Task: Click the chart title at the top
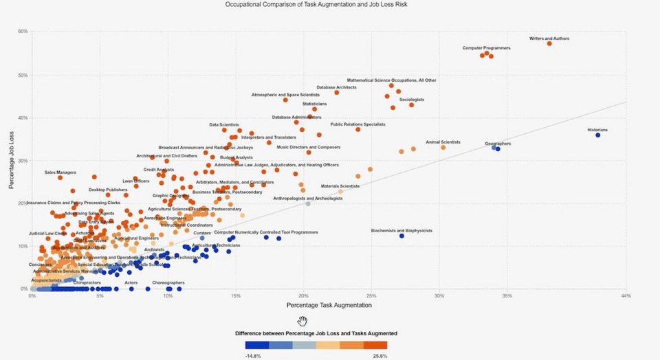coord(330,4)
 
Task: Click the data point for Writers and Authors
coord(549,43)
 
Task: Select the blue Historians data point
coord(597,135)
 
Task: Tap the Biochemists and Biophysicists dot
coord(401,236)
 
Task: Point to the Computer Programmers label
coord(487,48)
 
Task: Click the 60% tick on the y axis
coord(23,32)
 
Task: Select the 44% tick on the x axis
coord(625,296)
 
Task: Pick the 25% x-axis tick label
coord(371,296)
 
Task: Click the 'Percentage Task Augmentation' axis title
coord(329,305)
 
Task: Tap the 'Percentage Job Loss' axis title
coord(12,159)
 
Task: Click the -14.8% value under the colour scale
coord(253,356)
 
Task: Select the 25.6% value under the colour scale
coord(379,356)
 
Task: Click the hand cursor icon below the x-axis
coord(302,321)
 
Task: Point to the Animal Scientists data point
coord(443,147)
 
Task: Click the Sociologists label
coord(412,100)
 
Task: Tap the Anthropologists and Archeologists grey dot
coord(308,204)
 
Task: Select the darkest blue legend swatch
coord(256,346)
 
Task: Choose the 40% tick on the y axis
coord(23,117)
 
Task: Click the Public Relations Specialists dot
coord(357,129)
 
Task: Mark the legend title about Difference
coord(316,333)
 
